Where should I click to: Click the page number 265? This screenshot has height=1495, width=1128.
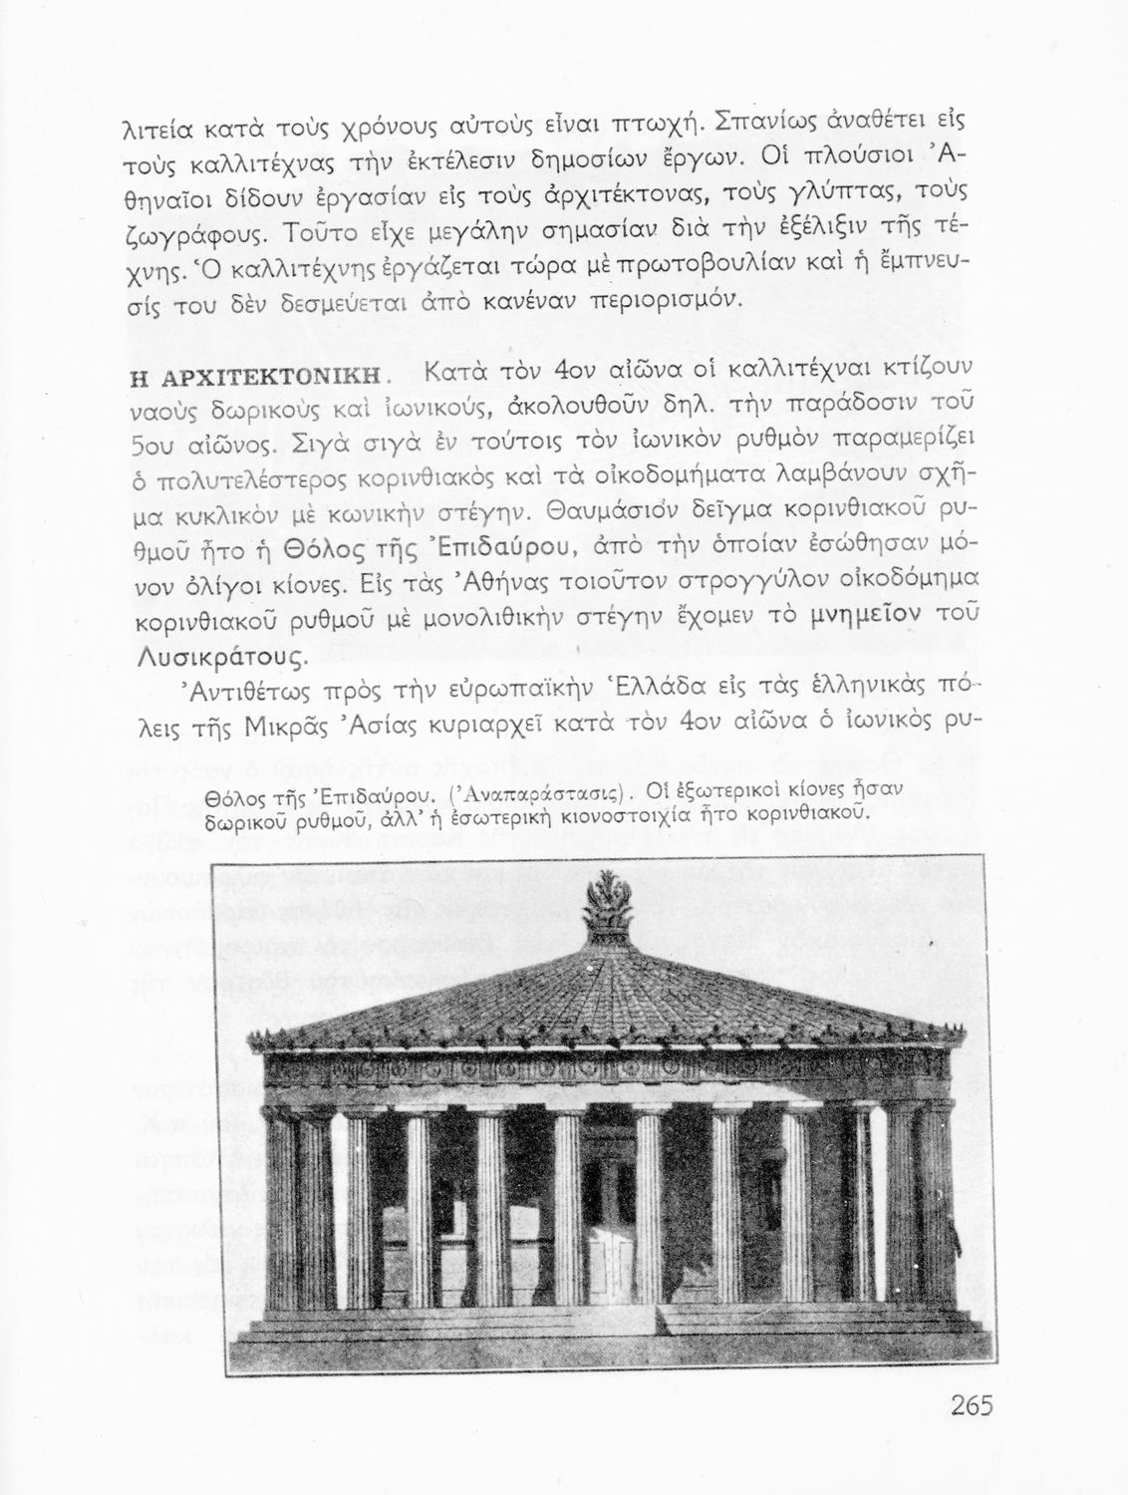(959, 1405)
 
